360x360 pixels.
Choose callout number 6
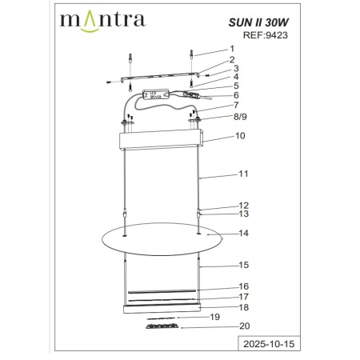pos(236,95)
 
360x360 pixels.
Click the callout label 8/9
pos(240,117)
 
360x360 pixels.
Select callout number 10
pos(239,137)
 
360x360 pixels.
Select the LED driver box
pos(157,94)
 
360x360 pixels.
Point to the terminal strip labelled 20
pos(165,326)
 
